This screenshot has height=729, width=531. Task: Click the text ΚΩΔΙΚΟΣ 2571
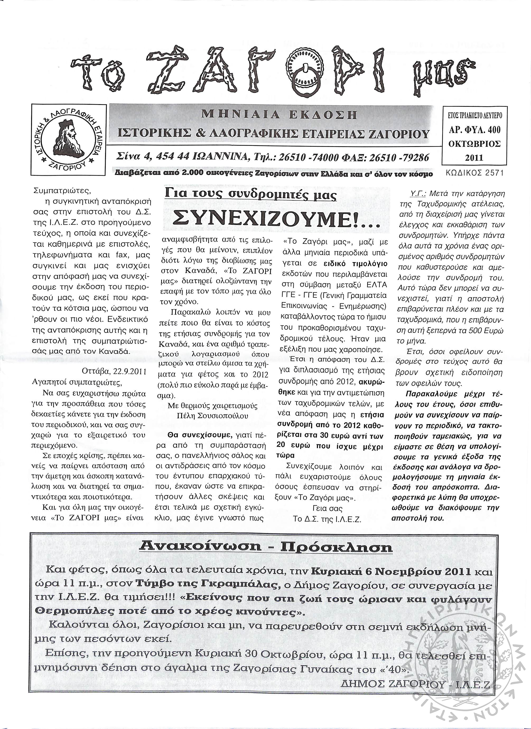tap(475, 173)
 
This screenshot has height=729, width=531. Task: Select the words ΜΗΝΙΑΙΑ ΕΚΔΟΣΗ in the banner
tap(279, 115)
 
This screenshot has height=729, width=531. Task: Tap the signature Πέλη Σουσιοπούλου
tap(212, 416)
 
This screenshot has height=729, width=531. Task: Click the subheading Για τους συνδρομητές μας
tap(250, 195)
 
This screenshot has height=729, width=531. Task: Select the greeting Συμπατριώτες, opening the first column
tap(62, 191)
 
